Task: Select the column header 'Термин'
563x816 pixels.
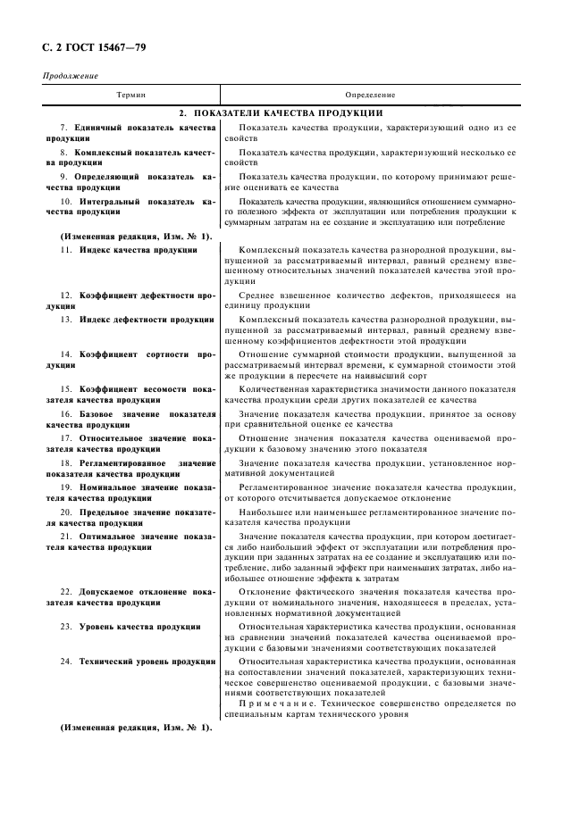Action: click(130, 94)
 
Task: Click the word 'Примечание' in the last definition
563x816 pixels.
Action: click(277, 703)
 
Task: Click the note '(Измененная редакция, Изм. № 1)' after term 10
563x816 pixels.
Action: click(136, 236)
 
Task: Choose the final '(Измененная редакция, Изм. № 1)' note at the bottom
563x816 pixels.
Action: click(136, 728)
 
